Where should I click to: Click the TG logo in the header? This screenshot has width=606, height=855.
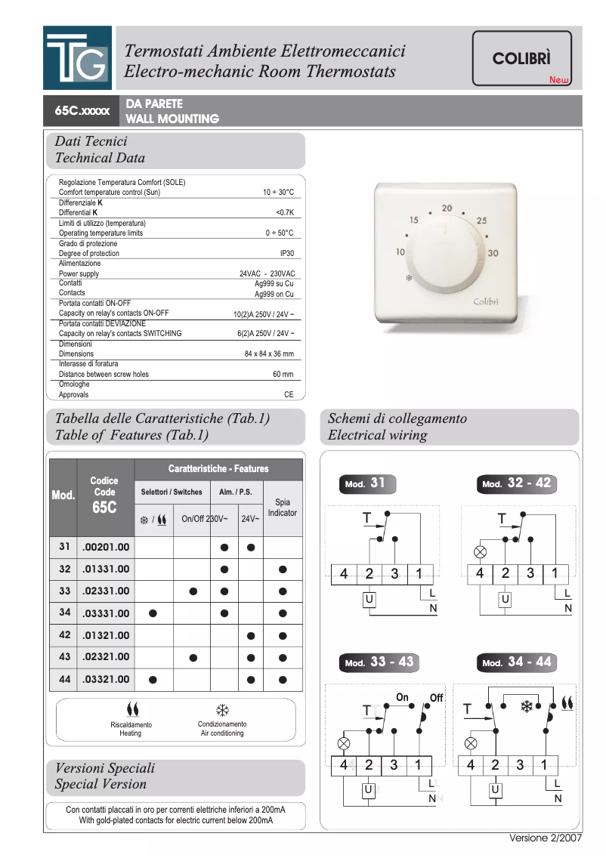(x=77, y=58)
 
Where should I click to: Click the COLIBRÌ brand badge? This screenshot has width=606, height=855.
(x=521, y=58)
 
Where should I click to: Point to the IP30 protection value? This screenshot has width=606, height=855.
(x=287, y=254)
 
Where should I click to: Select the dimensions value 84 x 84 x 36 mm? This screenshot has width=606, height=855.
(x=269, y=353)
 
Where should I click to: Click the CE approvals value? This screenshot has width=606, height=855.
(x=289, y=394)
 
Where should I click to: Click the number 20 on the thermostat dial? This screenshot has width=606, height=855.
(x=447, y=208)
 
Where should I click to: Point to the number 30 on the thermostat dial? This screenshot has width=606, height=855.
(x=493, y=253)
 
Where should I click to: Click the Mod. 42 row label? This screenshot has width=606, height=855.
(x=64, y=635)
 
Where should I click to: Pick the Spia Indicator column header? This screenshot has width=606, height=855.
(x=283, y=508)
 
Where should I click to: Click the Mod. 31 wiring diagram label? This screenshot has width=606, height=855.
(x=366, y=484)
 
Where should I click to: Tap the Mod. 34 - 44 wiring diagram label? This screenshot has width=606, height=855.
(x=518, y=663)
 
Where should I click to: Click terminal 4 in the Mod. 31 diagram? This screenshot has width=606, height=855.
(x=344, y=574)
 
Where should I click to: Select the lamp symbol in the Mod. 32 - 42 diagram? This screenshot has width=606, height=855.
(x=478, y=551)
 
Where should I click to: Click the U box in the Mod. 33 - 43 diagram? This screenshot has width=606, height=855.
(x=368, y=790)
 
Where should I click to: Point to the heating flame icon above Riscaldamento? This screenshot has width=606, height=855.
(x=133, y=710)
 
